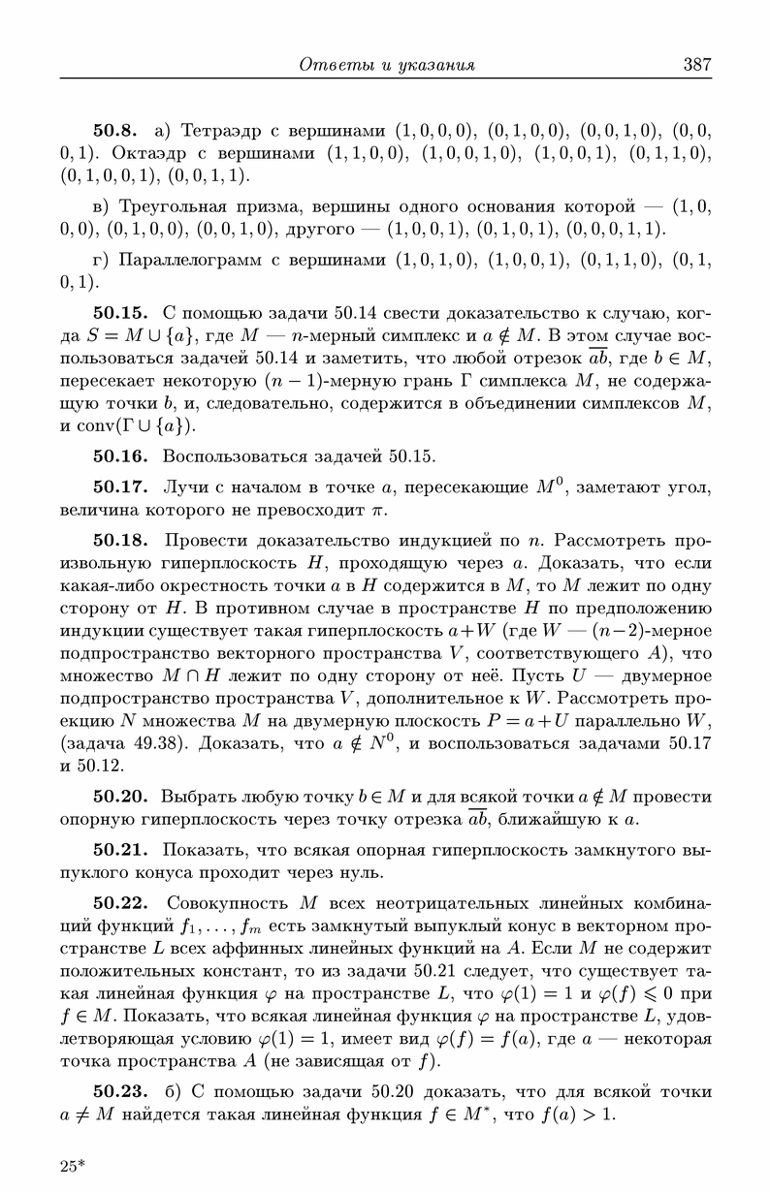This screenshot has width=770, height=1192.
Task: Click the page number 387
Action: tap(697, 65)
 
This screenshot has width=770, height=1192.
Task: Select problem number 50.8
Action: tap(119, 129)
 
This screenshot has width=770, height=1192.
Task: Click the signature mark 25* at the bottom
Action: tap(73, 1166)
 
